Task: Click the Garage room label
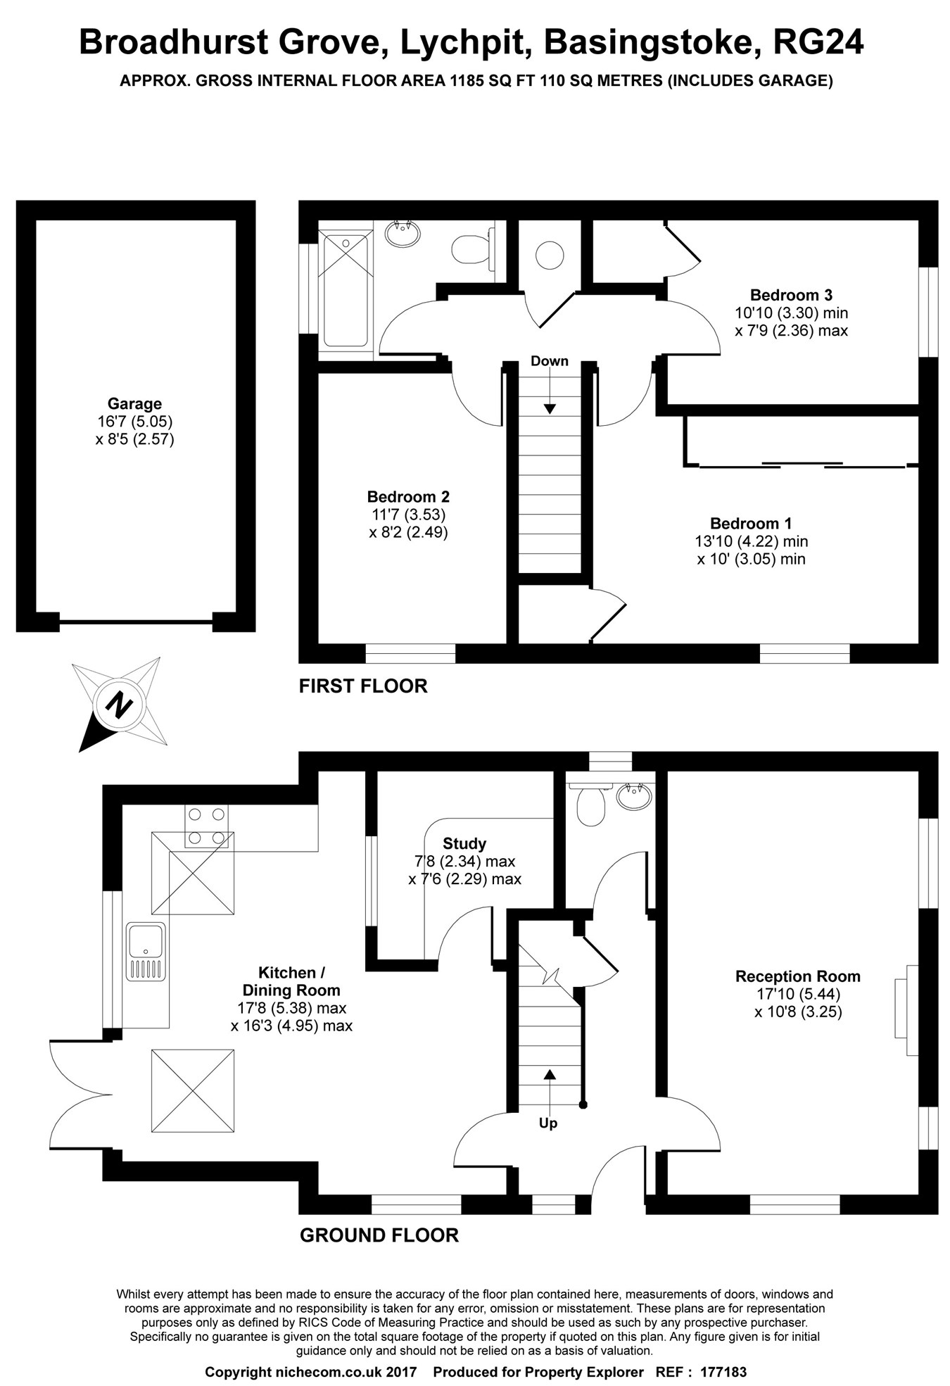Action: tap(134, 404)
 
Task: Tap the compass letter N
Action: tap(119, 703)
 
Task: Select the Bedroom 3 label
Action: tap(791, 295)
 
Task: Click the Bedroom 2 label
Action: tap(408, 497)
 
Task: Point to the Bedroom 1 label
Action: tap(751, 524)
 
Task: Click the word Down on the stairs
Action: tap(550, 361)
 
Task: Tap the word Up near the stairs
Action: tap(548, 1123)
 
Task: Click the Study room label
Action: tap(464, 843)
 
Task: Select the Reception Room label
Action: tap(798, 976)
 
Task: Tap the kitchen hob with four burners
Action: tap(208, 826)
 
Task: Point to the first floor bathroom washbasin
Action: tap(403, 233)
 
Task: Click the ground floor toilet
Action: tap(590, 803)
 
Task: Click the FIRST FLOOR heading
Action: tap(363, 686)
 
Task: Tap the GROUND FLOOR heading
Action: tap(379, 1235)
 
